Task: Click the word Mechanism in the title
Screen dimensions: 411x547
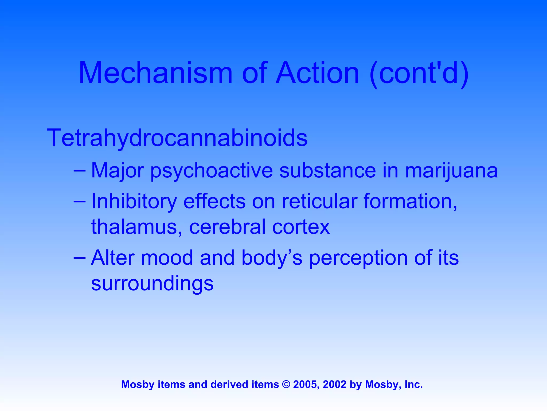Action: point(155,73)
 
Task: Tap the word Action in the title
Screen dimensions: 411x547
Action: point(318,73)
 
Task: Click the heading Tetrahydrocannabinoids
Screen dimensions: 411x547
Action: point(177,138)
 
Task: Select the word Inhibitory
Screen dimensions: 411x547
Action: point(134,201)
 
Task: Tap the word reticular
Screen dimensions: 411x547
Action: point(319,201)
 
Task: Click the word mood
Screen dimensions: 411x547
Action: point(167,258)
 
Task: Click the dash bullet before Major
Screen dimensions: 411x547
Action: point(80,170)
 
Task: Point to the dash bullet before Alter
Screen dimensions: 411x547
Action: point(80,257)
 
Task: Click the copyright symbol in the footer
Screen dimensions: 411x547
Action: point(286,385)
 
